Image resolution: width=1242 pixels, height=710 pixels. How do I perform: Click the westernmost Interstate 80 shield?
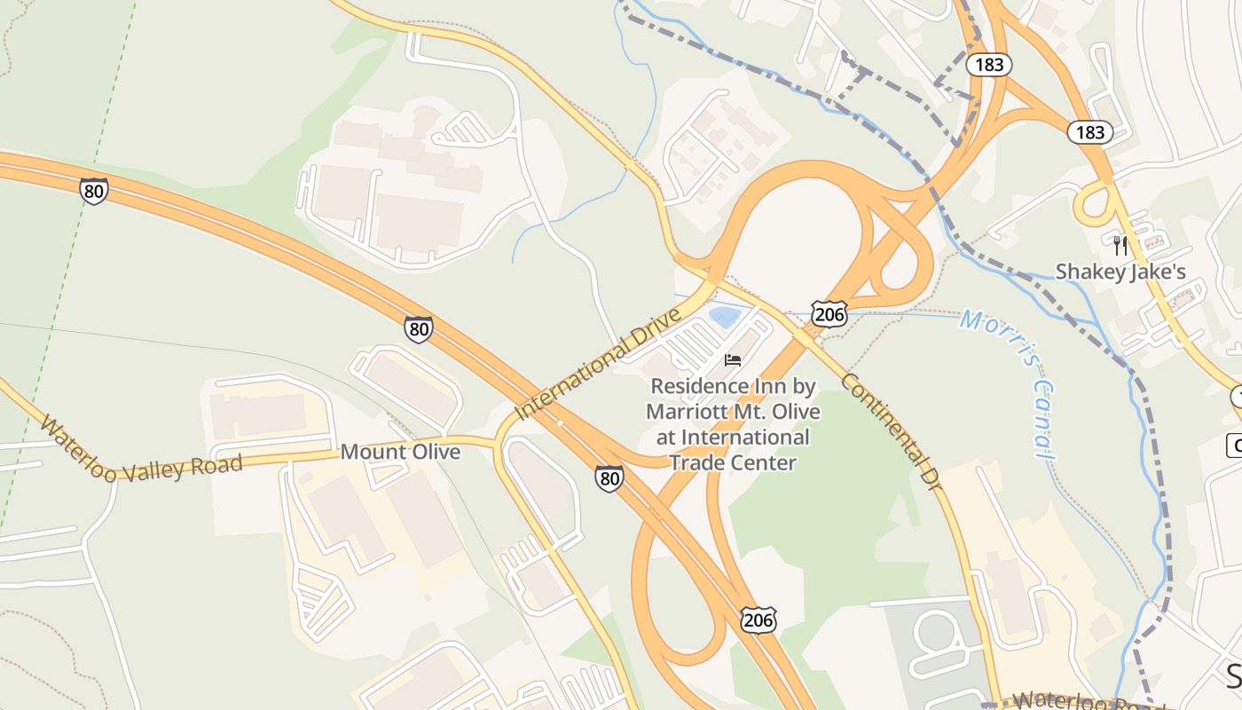[93, 191]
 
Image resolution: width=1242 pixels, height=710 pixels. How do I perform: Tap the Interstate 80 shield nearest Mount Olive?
[419, 328]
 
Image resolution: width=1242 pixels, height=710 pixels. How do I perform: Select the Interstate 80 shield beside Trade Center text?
[609, 477]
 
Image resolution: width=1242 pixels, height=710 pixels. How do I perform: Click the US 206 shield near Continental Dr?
[829, 312]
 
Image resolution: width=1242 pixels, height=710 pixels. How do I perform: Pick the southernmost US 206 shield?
[759, 619]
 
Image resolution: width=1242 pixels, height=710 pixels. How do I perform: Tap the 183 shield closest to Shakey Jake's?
[1089, 132]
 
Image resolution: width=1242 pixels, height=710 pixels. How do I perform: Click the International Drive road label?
[599, 363]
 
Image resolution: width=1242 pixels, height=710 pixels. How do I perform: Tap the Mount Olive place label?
[400, 452]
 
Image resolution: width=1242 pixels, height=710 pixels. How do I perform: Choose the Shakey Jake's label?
[1120, 272]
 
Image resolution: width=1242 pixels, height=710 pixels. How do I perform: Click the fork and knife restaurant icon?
[1120, 244]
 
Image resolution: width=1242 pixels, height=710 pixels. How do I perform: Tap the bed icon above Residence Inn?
[733, 359]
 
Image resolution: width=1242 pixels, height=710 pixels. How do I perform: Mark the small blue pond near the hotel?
[725, 316]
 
